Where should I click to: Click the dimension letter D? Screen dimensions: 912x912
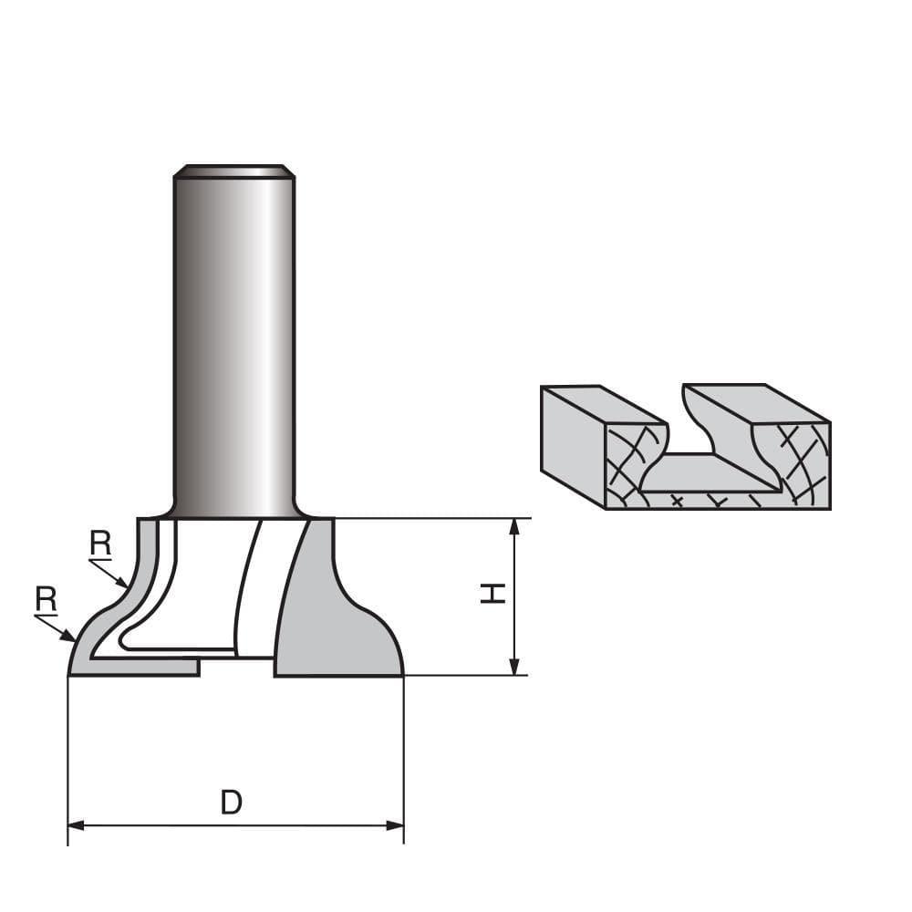[232, 803]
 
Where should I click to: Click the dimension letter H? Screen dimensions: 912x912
[493, 595]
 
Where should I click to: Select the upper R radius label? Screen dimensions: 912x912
[100, 544]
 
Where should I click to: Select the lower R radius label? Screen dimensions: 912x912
[47, 599]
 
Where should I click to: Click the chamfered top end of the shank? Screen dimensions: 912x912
[233, 170]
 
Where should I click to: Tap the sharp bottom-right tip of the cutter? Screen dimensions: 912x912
[401, 674]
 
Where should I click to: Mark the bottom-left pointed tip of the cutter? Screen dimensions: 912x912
[71, 673]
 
